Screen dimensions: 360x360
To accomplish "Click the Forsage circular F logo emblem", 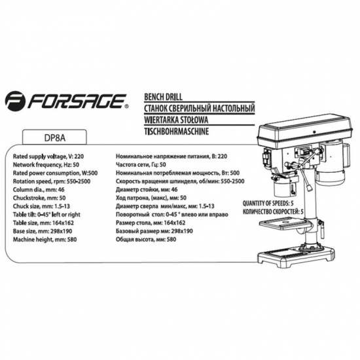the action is pyautogui.click(x=16, y=101).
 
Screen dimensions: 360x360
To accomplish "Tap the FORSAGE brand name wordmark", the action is pyautogui.click(x=78, y=101).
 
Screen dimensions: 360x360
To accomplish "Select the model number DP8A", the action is pyautogui.click(x=54, y=138).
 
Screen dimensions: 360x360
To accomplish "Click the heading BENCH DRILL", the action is pyautogui.click(x=163, y=97).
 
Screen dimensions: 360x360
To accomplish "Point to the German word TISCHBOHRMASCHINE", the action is pyautogui.click(x=176, y=132).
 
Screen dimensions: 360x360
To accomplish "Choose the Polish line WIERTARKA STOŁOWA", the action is pyautogui.click(x=176, y=120).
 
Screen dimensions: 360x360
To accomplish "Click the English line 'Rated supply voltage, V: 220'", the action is pyautogui.click(x=48, y=156).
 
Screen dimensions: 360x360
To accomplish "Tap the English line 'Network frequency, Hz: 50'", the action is pyautogui.click(x=46, y=165).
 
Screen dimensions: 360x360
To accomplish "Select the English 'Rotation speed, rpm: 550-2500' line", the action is pyautogui.click(x=52, y=181).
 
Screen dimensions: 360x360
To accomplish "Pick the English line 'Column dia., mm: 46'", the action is pyautogui.click(x=39, y=190).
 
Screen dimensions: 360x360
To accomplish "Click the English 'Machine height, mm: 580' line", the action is pyautogui.click(x=45, y=240).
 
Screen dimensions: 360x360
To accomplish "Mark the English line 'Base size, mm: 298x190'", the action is pyautogui.click(x=43, y=231).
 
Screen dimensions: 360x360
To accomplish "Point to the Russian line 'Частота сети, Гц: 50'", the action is pyautogui.click(x=141, y=164).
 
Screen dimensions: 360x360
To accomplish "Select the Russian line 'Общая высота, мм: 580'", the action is pyautogui.click(x=146, y=240).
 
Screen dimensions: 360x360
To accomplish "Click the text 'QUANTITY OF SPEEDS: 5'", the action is pyautogui.click(x=268, y=204).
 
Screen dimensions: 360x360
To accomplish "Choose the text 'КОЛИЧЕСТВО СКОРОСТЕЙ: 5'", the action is pyautogui.click(x=273, y=211).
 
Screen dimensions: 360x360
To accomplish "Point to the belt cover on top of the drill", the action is pyautogui.click(x=304, y=129).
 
